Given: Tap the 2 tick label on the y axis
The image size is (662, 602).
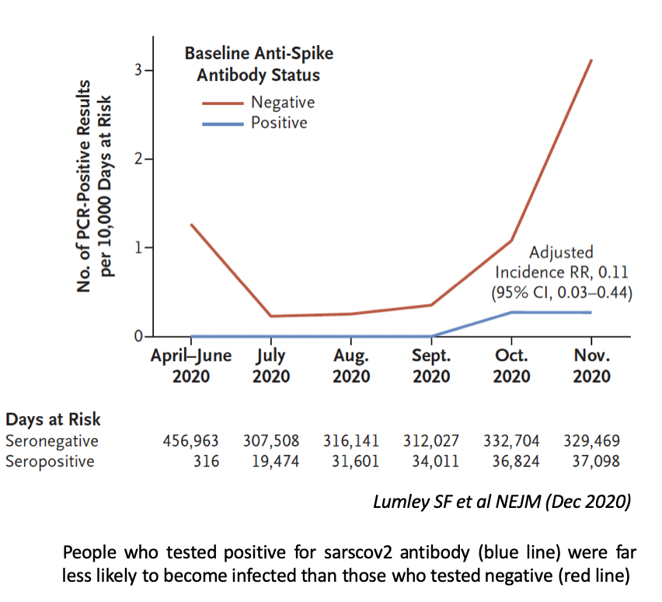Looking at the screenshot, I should pos(138,159).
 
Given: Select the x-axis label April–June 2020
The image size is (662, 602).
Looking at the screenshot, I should pos(190,366).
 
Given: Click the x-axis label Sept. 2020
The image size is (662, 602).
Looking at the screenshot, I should pos(431,366).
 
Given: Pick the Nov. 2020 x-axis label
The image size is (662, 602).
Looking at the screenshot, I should pos(591,366).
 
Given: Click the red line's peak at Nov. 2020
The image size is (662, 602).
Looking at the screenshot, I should pos(592,60).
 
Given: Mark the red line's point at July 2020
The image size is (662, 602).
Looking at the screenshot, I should pos(270,316).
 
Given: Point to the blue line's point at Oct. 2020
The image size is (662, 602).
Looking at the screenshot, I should pos(511,312).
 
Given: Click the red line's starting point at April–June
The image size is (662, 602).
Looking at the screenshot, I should pos(191,225).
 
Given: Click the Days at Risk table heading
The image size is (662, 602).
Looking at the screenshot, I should pos(54,420).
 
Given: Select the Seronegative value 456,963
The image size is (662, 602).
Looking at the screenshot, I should pos(190,441).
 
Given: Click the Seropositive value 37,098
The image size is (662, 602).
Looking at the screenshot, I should pos(591,461).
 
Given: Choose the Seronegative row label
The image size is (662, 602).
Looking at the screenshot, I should pos(52,441).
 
